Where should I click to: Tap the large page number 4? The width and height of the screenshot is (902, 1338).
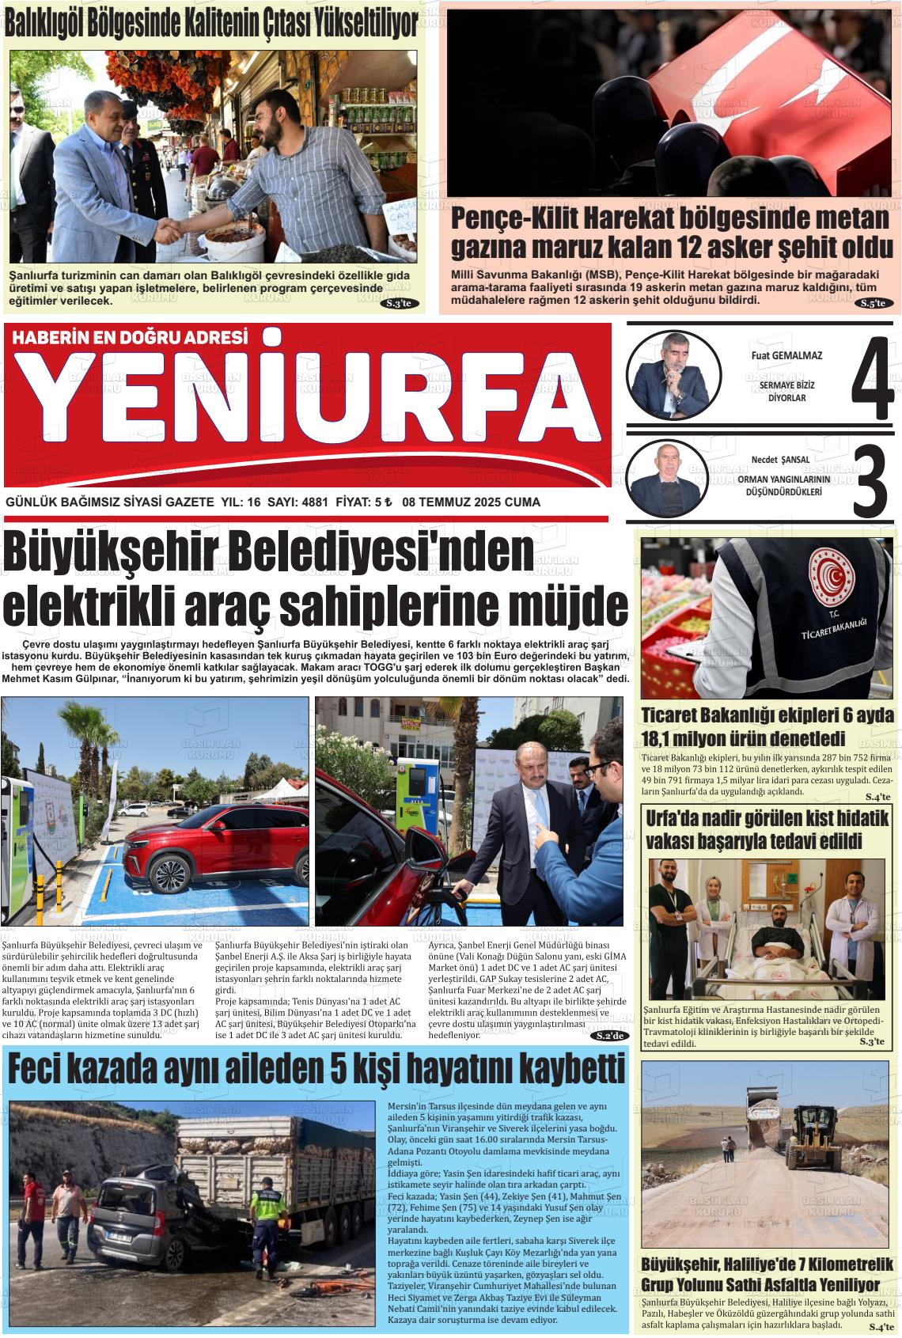pos(872,379)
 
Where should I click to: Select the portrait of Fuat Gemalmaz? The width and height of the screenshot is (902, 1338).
pos(673,377)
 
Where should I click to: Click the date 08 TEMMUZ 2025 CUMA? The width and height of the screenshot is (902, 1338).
pos(471,502)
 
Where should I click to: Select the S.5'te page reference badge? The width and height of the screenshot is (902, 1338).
pos(874,303)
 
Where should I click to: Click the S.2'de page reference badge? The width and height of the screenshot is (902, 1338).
pos(612,1036)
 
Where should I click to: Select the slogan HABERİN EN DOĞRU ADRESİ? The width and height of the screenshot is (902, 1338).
pos(130,337)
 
